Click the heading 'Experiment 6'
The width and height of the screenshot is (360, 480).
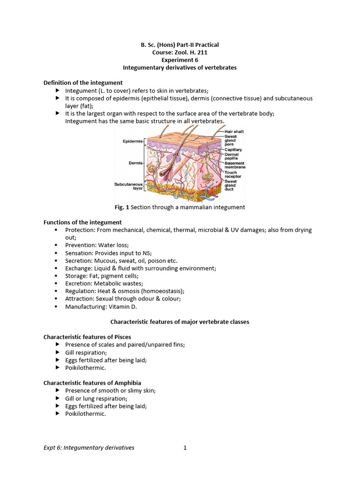pos(180,60)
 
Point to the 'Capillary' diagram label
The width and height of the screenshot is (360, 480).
pos(234,150)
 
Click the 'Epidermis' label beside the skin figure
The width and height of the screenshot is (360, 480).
pos(133,141)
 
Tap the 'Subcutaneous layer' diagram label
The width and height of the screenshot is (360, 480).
pos(128,187)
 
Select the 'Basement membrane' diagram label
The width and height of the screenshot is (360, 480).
pos(235,165)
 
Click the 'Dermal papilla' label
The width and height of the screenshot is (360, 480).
pos(232,157)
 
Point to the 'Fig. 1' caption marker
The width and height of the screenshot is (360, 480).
pos(121,207)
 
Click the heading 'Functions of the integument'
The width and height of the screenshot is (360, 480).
pos(82,222)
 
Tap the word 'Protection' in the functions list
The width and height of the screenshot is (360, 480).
pos(79,230)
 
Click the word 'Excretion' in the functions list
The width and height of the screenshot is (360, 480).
pos(78,284)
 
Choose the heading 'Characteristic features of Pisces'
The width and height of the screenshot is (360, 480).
pos(87,337)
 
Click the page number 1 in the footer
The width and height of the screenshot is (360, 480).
pos(185,448)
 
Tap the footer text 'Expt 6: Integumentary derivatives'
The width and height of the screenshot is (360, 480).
pos(89,448)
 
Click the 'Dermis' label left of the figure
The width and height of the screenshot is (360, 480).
pos(135,163)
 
